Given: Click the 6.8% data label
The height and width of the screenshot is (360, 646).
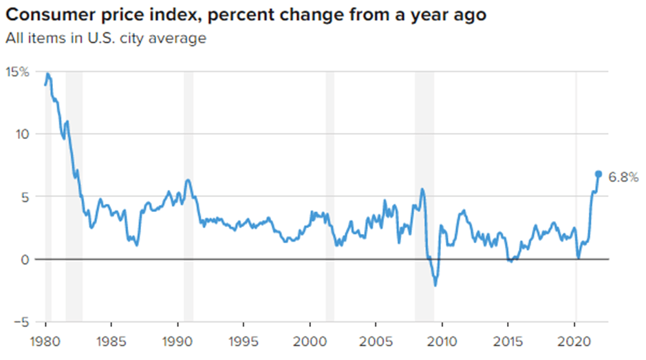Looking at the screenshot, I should click(x=623, y=177).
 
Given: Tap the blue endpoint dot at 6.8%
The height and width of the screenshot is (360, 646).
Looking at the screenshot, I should click(x=599, y=174).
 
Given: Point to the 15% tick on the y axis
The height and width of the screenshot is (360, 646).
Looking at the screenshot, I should click(x=17, y=71).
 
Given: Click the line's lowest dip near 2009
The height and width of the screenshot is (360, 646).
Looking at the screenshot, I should click(x=435, y=285).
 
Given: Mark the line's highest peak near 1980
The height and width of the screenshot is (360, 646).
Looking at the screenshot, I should click(x=47, y=73).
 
